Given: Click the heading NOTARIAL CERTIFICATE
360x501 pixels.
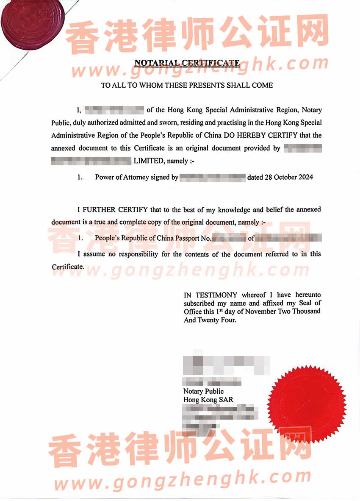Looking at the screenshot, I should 187,63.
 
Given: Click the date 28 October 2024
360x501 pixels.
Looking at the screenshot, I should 280,177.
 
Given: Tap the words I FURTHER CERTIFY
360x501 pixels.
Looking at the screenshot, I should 112,209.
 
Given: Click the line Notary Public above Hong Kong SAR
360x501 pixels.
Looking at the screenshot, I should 203,391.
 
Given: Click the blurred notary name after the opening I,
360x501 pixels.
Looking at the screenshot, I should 114,110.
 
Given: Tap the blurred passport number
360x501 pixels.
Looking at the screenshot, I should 229,238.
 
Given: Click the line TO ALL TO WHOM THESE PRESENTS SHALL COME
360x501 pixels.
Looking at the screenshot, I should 187,85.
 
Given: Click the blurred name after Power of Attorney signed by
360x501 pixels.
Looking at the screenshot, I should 213,177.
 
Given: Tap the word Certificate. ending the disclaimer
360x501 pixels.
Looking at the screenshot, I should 68,267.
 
